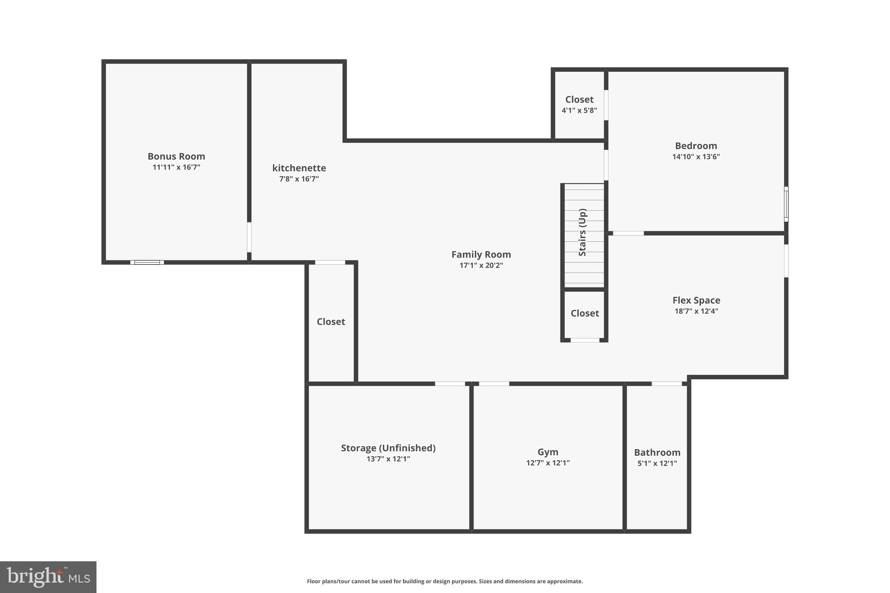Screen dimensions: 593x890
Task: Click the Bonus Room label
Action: click(176, 156)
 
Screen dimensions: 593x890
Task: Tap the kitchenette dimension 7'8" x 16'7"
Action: click(299, 179)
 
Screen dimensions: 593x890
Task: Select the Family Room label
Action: click(481, 255)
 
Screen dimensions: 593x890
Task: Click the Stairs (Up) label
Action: click(583, 232)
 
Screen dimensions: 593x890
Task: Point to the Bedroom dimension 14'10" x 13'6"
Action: click(696, 157)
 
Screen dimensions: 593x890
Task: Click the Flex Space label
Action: click(696, 300)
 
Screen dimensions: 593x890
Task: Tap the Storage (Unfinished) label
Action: click(388, 448)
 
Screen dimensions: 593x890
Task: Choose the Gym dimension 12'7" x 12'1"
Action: click(548, 463)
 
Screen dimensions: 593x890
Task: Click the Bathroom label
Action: click(657, 452)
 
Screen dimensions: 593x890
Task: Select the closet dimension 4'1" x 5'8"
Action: click(579, 110)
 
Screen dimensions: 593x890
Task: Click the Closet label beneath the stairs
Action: click(584, 313)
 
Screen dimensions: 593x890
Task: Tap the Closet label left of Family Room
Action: click(331, 321)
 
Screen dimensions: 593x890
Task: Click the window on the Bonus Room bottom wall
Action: click(147, 262)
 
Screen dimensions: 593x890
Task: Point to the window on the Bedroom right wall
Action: click(786, 204)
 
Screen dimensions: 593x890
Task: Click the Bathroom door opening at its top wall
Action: click(667, 384)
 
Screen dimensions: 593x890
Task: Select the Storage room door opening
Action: click(450, 384)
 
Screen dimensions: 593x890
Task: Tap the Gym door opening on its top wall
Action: click(494, 384)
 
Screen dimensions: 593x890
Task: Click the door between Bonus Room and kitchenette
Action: click(249, 237)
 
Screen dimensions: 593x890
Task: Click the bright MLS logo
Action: click(48, 577)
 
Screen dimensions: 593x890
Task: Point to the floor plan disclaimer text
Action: click(445, 581)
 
